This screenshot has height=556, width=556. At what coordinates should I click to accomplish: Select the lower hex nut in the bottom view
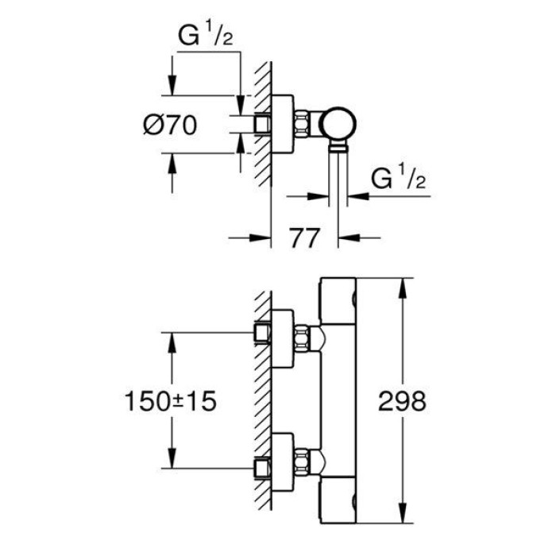(303, 460)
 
